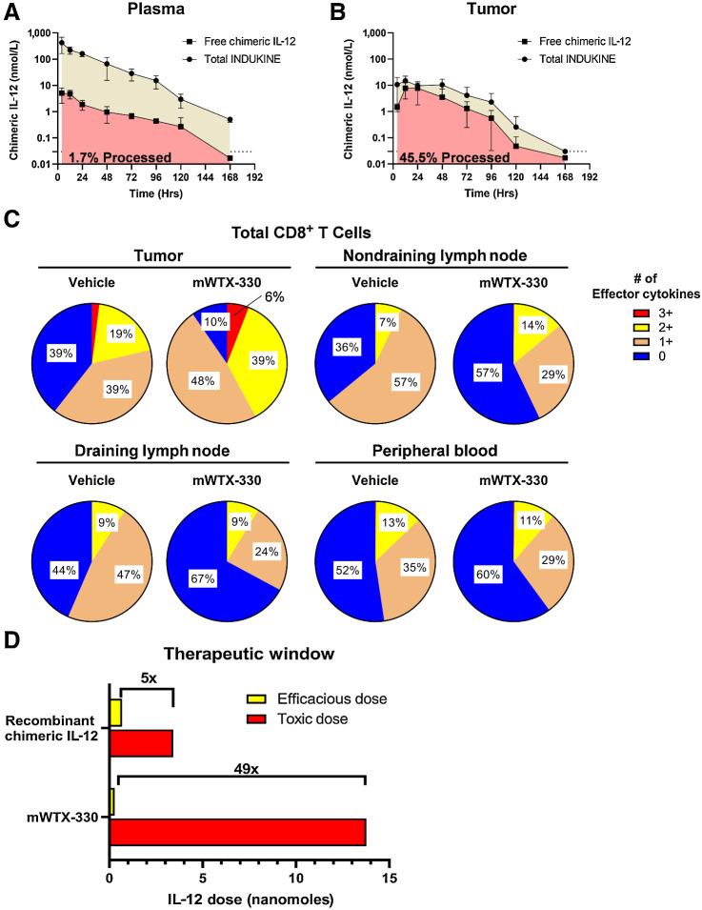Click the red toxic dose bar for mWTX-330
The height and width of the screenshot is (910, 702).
(237, 831)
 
